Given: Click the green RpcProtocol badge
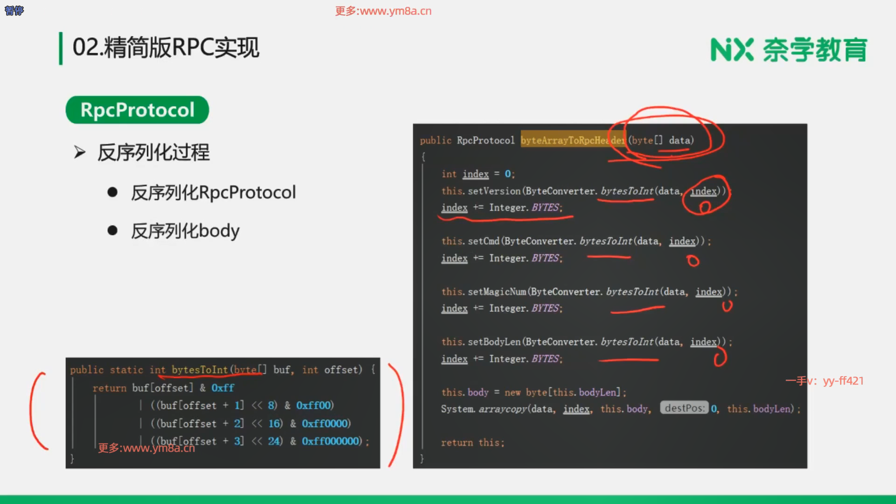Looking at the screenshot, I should pyautogui.click(x=137, y=110).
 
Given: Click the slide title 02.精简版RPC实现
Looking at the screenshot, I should pyautogui.click(x=166, y=48).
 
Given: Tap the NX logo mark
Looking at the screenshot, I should pyautogui.click(x=731, y=50).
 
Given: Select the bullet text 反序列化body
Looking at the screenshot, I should pyautogui.click(x=185, y=231).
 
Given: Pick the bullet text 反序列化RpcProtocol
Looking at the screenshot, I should pyautogui.click(x=213, y=193).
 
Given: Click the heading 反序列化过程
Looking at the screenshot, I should pyautogui.click(x=154, y=153).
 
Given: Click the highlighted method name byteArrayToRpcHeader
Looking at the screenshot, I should pyautogui.click(x=573, y=140).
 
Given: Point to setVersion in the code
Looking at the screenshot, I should pyautogui.click(x=494, y=191).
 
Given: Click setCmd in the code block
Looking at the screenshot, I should pyautogui.click(x=483, y=241).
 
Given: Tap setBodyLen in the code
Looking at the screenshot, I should pyautogui.click(x=494, y=342).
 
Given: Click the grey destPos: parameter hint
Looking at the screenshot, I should pyautogui.click(x=684, y=408).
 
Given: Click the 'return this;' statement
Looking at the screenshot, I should pyautogui.click(x=473, y=442).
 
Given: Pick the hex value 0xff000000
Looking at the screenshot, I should pyautogui.click(x=331, y=441).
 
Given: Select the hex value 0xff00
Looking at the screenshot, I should pyautogui.click(x=315, y=405).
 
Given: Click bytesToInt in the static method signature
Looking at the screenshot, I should pyautogui.click(x=199, y=370).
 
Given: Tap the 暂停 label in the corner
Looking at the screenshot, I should pyautogui.click(x=14, y=10).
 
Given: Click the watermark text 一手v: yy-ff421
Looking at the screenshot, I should pyautogui.click(x=825, y=381).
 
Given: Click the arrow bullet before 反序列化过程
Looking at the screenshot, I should pyautogui.click(x=80, y=153).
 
